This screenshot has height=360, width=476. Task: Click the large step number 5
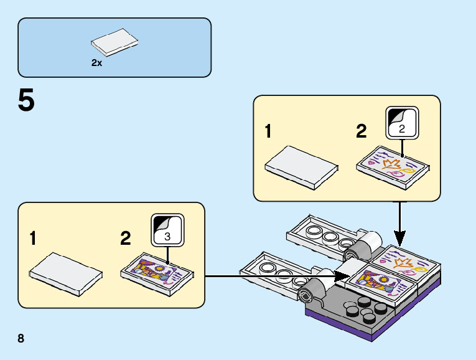(x=26, y=101)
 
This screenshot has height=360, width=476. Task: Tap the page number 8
(x=21, y=339)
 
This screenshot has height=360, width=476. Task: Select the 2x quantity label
(x=96, y=62)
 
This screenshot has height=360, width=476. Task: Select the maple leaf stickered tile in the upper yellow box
(x=393, y=164)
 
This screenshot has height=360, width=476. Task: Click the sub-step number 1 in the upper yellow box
(x=268, y=132)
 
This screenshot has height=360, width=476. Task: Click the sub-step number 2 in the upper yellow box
(x=362, y=132)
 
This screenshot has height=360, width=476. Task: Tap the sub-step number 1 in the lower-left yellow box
(x=34, y=239)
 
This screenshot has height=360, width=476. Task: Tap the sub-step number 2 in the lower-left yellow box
(x=126, y=239)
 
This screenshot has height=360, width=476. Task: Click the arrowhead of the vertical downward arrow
(x=400, y=239)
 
